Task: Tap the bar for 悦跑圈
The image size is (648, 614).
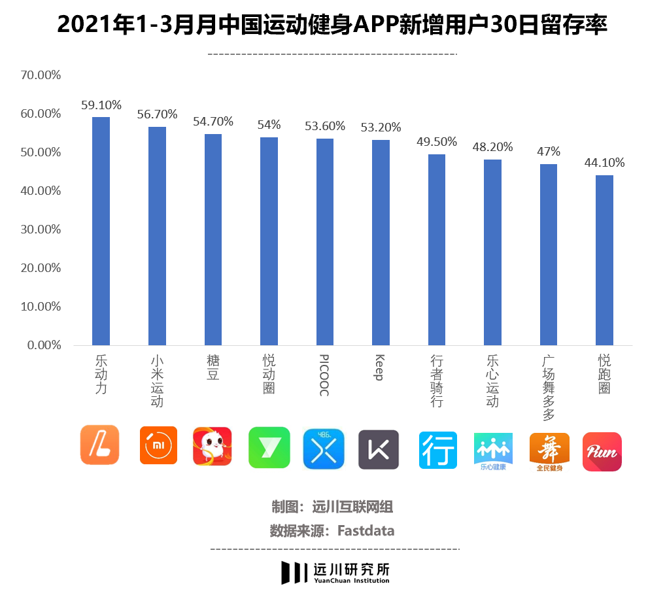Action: [x=604, y=260]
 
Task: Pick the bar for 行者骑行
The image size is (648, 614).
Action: [x=437, y=249]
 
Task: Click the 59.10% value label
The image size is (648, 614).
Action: [x=101, y=104]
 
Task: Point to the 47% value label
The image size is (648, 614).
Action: [x=549, y=151]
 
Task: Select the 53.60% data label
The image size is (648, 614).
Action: [x=325, y=126]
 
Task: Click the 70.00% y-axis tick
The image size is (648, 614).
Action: [x=41, y=75]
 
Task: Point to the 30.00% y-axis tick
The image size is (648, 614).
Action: [x=41, y=230]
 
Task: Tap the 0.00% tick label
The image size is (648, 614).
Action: [x=44, y=345]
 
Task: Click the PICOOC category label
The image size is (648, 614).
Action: [x=324, y=375]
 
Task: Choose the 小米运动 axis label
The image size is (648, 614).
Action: [x=157, y=381]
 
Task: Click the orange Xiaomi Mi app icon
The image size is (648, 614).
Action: [x=158, y=445]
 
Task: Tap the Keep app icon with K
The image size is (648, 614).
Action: [x=378, y=449]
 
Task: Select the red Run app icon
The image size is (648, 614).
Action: [x=602, y=451]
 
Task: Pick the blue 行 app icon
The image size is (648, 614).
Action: [x=437, y=450]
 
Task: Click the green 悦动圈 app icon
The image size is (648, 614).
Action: [x=269, y=447]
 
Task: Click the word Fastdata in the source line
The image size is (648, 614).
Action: [x=366, y=530]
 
